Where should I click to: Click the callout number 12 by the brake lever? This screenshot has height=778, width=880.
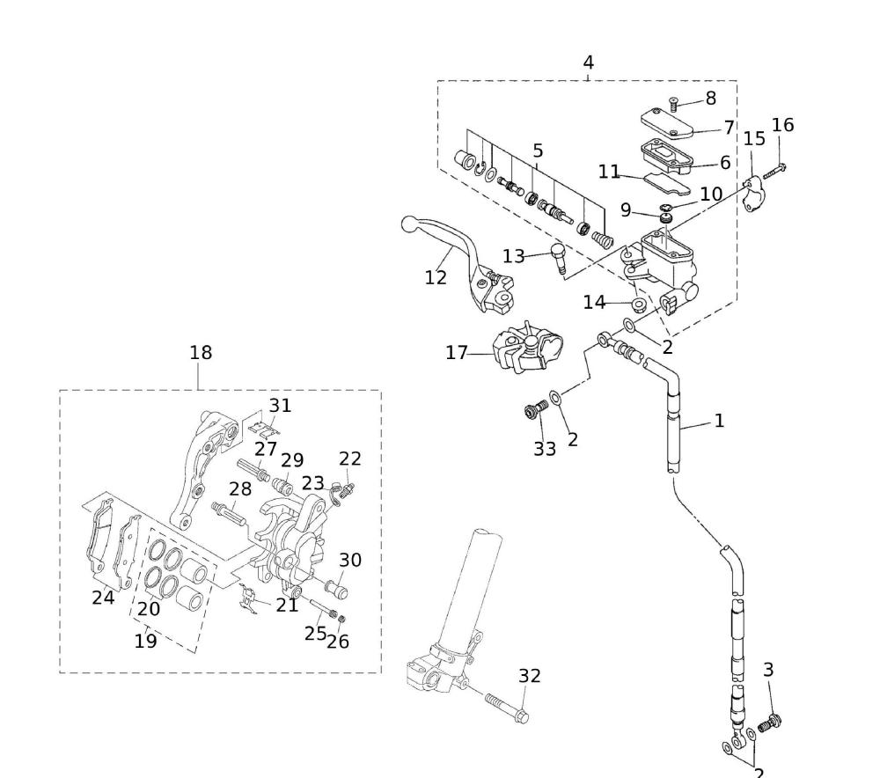(436, 277)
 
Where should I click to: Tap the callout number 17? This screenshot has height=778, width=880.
(457, 354)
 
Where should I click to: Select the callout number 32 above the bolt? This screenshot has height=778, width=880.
(530, 676)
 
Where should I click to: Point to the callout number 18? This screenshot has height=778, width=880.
(201, 353)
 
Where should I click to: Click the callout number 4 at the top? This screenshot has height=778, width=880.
(588, 62)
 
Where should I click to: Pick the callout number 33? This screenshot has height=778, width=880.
(545, 448)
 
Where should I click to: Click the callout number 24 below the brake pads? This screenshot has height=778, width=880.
(103, 598)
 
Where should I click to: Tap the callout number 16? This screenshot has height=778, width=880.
(782, 125)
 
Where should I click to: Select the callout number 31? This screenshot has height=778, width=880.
(280, 406)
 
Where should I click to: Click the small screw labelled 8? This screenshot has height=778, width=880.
(675, 103)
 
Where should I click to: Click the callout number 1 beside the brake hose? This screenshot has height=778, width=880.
(719, 421)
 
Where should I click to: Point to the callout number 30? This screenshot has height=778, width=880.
(350, 560)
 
